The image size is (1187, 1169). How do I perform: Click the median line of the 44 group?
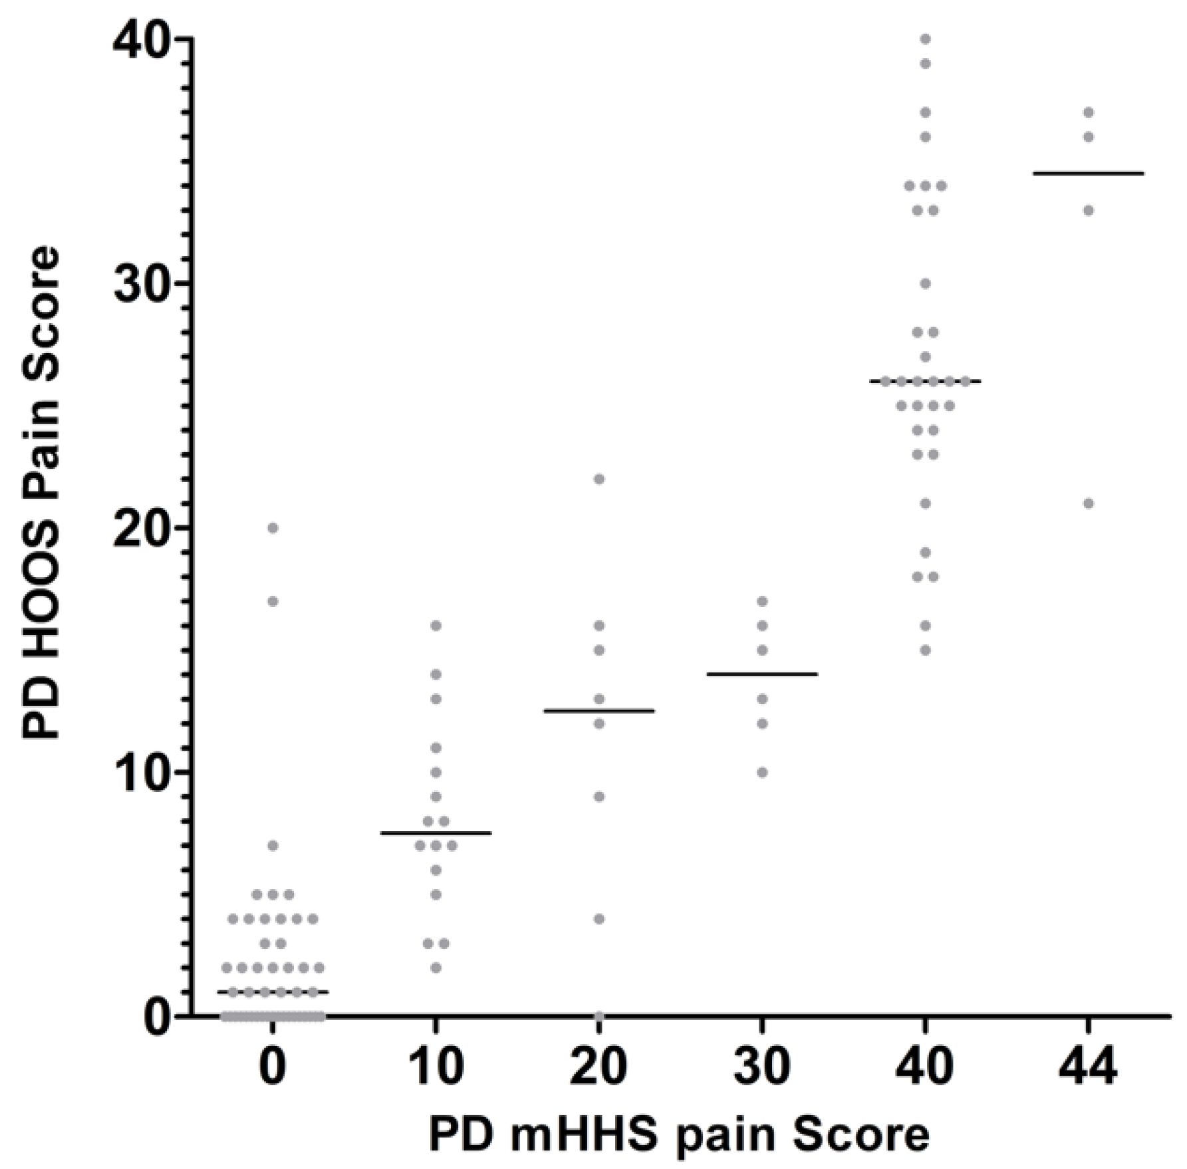pyautogui.click(x=1089, y=174)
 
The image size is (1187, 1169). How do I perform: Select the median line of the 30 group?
pyautogui.click(x=762, y=674)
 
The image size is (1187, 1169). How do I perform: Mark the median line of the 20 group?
pyautogui.click(x=599, y=711)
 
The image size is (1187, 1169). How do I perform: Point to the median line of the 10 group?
pyautogui.click(x=436, y=833)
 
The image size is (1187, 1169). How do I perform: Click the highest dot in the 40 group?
pyautogui.click(x=925, y=39)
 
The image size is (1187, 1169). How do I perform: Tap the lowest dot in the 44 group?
pyautogui.click(x=1089, y=503)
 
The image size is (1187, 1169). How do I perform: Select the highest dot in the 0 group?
pyautogui.click(x=273, y=528)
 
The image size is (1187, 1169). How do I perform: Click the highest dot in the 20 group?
pyautogui.click(x=599, y=479)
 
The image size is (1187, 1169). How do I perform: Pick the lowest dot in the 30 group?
pyautogui.click(x=762, y=773)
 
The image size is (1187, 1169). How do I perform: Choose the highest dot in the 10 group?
pyautogui.click(x=436, y=626)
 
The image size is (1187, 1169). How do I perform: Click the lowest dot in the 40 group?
pyautogui.click(x=925, y=650)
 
